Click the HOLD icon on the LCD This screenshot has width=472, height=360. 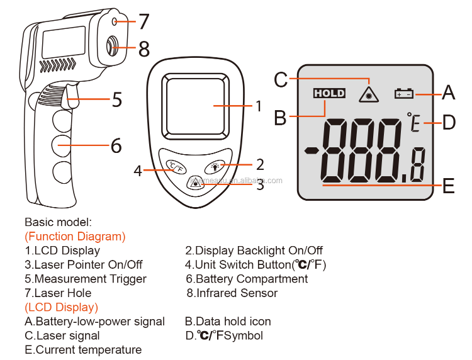click(x=329, y=93)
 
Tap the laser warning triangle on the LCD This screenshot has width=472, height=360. click(x=366, y=94)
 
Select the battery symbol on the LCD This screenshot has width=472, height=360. click(x=403, y=94)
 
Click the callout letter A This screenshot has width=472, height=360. click(x=448, y=93)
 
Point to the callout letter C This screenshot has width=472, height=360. click(x=281, y=80)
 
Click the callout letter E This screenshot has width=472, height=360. click(x=448, y=186)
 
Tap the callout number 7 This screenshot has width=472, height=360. click(x=144, y=22)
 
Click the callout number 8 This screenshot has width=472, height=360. click(x=144, y=48)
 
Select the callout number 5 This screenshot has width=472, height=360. click(x=117, y=99)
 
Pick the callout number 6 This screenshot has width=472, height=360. click(x=116, y=145)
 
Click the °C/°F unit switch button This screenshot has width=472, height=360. click(x=174, y=167)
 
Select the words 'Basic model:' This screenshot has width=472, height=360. click(x=58, y=222)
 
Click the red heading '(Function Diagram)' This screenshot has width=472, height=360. click(x=75, y=237)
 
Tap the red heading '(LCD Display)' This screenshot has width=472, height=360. click(x=61, y=307)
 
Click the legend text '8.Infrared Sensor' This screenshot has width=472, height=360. click(x=232, y=293)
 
